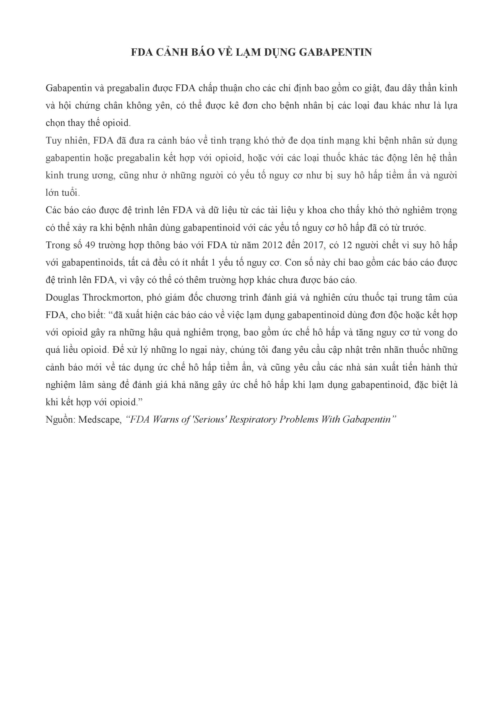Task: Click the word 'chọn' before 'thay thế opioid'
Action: coord(55,123)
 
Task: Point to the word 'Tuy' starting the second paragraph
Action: coord(53,141)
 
